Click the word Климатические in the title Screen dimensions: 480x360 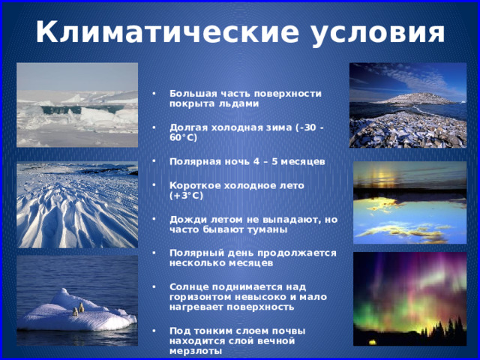point(167,31)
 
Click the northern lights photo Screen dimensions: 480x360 point(410,299)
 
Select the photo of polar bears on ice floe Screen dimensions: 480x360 point(77,301)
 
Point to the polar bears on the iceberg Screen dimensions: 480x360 point(78,309)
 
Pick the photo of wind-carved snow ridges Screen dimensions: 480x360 point(77,205)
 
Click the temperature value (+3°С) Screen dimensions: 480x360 point(187,196)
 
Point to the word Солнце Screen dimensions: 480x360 point(189,287)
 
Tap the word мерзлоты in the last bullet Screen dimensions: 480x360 point(196,351)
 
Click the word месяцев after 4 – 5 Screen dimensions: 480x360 point(303,162)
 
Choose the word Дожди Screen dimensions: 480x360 point(188,220)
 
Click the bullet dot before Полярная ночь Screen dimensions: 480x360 point(154,160)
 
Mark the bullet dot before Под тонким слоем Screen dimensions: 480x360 point(154,330)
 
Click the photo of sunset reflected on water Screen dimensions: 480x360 point(410,202)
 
